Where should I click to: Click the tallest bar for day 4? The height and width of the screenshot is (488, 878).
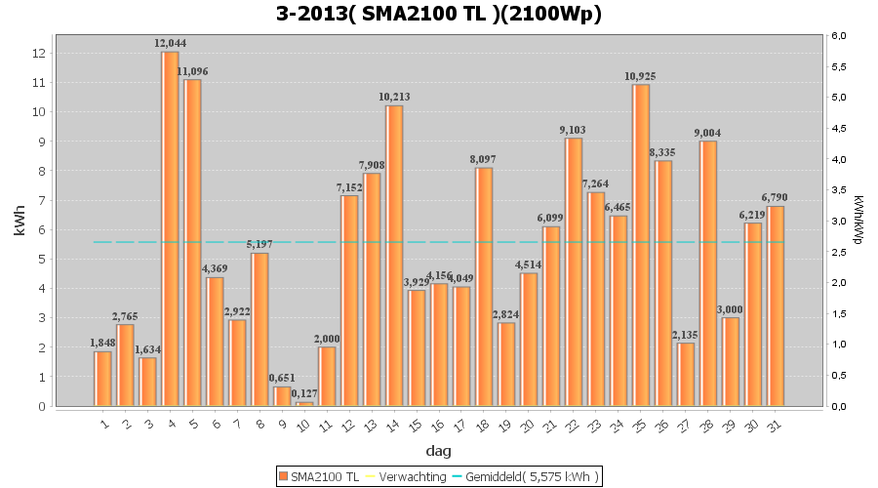[170, 229]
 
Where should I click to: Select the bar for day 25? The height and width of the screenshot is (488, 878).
[641, 245]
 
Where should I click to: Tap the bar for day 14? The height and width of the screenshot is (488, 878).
[394, 256]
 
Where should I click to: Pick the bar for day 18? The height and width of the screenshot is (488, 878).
[484, 287]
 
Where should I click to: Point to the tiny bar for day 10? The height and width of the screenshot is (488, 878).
[304, 403]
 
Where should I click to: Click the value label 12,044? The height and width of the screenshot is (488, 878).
[170, 43]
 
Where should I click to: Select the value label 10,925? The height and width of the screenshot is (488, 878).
[641, 76]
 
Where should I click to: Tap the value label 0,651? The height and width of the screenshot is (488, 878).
[282, 379]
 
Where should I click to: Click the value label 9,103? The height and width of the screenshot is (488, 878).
[574, 130]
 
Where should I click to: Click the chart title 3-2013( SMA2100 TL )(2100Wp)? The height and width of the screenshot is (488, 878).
[438, 15]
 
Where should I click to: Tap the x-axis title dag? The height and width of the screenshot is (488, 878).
[438, 451]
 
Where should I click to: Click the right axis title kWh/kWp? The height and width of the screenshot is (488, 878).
[857, 219]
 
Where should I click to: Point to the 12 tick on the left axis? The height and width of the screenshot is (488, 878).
[38, 53]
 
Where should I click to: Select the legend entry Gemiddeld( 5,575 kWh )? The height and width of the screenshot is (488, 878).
[531, 475]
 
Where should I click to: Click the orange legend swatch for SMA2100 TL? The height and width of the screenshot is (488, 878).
[284, 475]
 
